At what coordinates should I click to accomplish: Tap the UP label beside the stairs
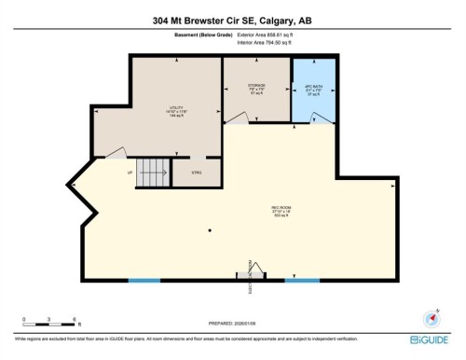(129, 173)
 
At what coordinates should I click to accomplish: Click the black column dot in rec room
(211, 231)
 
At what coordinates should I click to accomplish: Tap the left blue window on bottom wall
(144, 281)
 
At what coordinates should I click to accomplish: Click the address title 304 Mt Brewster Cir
(232, 20)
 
